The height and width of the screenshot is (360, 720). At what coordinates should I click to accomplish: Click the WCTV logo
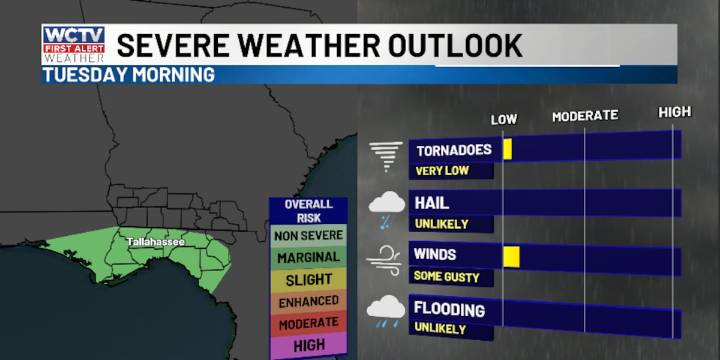[x=73, y=44]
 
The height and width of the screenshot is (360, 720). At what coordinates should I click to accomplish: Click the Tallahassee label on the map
[x=156, y=242]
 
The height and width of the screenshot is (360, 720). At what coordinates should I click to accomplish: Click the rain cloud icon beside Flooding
[x=386, y=311]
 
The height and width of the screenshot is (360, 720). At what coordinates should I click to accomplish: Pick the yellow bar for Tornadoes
[x=508, y=149]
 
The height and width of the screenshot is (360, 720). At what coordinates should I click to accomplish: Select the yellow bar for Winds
[x=511, y=256]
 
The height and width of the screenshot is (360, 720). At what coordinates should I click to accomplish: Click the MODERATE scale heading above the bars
[x=585, y=116]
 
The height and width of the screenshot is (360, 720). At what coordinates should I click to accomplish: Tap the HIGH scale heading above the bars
[x=675, y=112]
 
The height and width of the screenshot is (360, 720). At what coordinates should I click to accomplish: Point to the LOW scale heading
[x=504, y=120]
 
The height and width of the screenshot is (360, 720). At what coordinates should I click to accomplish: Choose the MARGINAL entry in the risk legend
[x=307, y=257]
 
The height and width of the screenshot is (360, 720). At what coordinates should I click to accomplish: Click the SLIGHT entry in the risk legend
[x=307, y=279]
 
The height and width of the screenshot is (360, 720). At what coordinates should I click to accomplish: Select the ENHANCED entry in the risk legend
[x=307, y=301]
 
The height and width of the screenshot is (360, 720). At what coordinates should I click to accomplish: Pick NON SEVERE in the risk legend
[x=307, y=235]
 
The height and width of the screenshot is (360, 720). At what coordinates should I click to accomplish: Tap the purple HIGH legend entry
[x=307, y=344]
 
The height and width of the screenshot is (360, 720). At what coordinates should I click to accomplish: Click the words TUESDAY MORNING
[x=128, y=75]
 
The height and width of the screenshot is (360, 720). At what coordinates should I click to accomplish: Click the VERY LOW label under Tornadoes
[x=442, y=170]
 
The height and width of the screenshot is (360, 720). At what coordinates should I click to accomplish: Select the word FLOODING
[x=450, y=309]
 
